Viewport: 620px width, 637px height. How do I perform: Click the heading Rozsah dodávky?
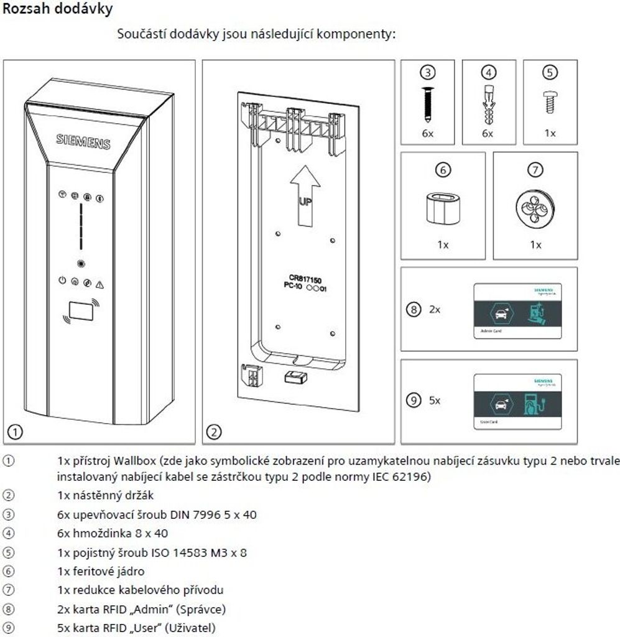click(x=58, y=10)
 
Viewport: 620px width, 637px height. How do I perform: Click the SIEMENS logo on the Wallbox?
click(x=83, y=141)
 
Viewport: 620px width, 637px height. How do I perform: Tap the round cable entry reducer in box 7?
click(x=535, y=206)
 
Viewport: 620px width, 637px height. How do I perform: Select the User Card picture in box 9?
click(x=518, y=401)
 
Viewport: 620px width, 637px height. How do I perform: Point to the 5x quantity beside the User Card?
click(x=434, y=401)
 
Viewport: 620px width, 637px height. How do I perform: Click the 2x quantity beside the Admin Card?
click(x=434, y=309)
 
